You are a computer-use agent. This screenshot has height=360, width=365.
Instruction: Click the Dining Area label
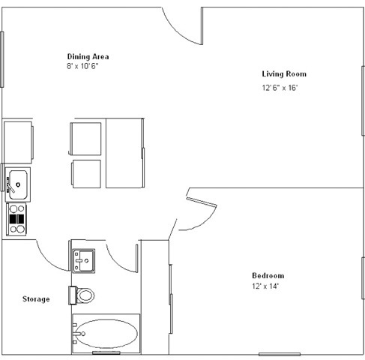click(x=88, y=57)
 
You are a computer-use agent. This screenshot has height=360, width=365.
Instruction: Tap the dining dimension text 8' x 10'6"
click(x=82, y=66)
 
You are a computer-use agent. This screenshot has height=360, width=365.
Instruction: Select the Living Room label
click(x=284, y=74)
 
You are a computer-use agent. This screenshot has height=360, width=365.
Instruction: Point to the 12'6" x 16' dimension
click(x=280, y=88)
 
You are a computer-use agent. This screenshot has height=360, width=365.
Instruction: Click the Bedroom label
click(x=268, y=276)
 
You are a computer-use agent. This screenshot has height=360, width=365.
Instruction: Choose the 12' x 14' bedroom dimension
click(x=265, y=286)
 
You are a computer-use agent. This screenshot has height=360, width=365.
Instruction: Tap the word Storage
click(x=36, y=299)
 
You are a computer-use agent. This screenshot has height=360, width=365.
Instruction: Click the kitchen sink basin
click(x=18, y=184)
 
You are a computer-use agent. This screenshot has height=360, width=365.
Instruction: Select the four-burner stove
click(x=16, y=219)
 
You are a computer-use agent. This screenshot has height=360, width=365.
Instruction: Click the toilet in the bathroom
click(x=82, y=295)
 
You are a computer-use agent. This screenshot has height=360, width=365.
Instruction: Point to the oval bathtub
click(x=106, y=334)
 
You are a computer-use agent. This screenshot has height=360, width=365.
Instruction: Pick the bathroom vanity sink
click(x=84, y=261)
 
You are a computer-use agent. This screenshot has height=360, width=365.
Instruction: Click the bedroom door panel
click(x=202, y=202)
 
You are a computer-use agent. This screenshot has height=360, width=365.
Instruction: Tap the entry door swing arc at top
click(x=177, y=31)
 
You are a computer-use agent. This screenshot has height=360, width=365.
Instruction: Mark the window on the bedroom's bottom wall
click(x=280, y=354)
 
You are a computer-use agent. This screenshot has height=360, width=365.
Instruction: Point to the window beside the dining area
click(x=2, y=59)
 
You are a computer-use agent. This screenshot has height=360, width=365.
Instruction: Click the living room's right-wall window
click(x=363, y=101)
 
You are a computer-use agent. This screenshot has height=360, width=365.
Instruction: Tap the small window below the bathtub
click(x=106, y=352)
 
